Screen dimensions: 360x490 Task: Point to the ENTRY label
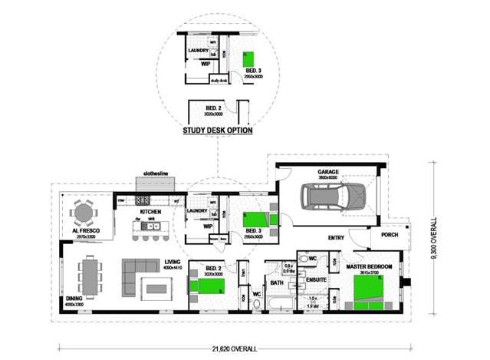[335, 237]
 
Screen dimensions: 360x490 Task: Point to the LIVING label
[173, 263]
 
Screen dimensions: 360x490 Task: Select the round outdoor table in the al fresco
[83, 211]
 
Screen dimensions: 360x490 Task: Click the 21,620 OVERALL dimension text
[230, 348]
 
